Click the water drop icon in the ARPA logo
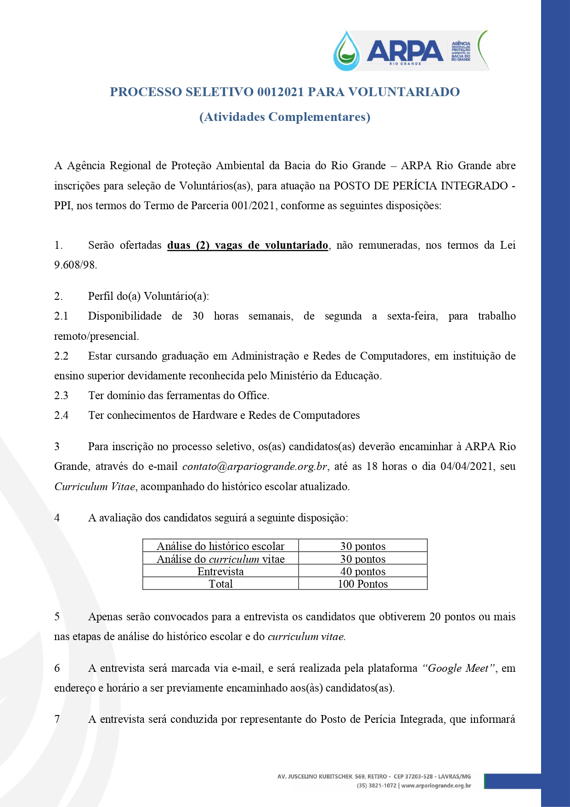click(347, 51)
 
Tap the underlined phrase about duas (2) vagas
click(248, 246)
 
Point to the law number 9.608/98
click(75, 265)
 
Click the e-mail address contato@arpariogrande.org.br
click(254, 467)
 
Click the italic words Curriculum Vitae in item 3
click(95, 486)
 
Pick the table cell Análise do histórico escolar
click(220, 546)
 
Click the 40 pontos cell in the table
click(363, 572)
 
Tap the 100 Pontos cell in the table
click(363, 584)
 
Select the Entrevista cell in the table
click(220, 572)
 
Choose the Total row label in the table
click(220, 584)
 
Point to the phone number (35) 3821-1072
click(376, 786)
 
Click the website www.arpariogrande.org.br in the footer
click(436, 786)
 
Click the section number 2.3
click(61, 395)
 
